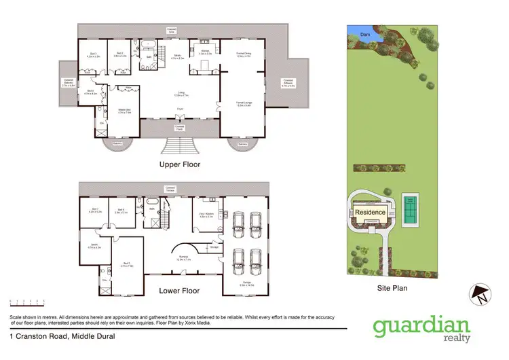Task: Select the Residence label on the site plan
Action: tap(371, 213)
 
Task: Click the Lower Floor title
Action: tap(178, 291)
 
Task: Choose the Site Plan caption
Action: tap(392, 287)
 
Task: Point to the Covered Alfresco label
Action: tap(288, 85)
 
